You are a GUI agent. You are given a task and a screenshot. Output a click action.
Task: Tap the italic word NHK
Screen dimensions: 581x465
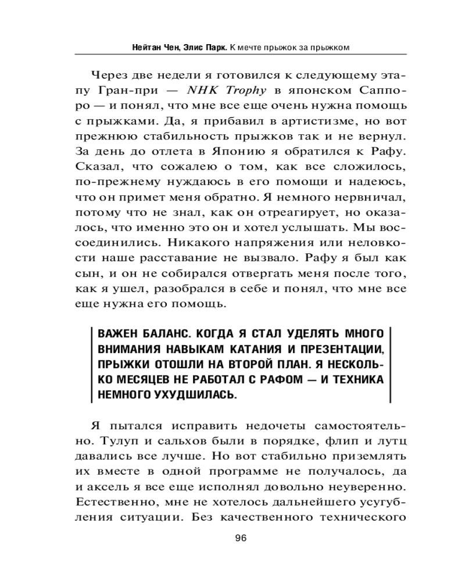pyautogui.click(x=202, y=91)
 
